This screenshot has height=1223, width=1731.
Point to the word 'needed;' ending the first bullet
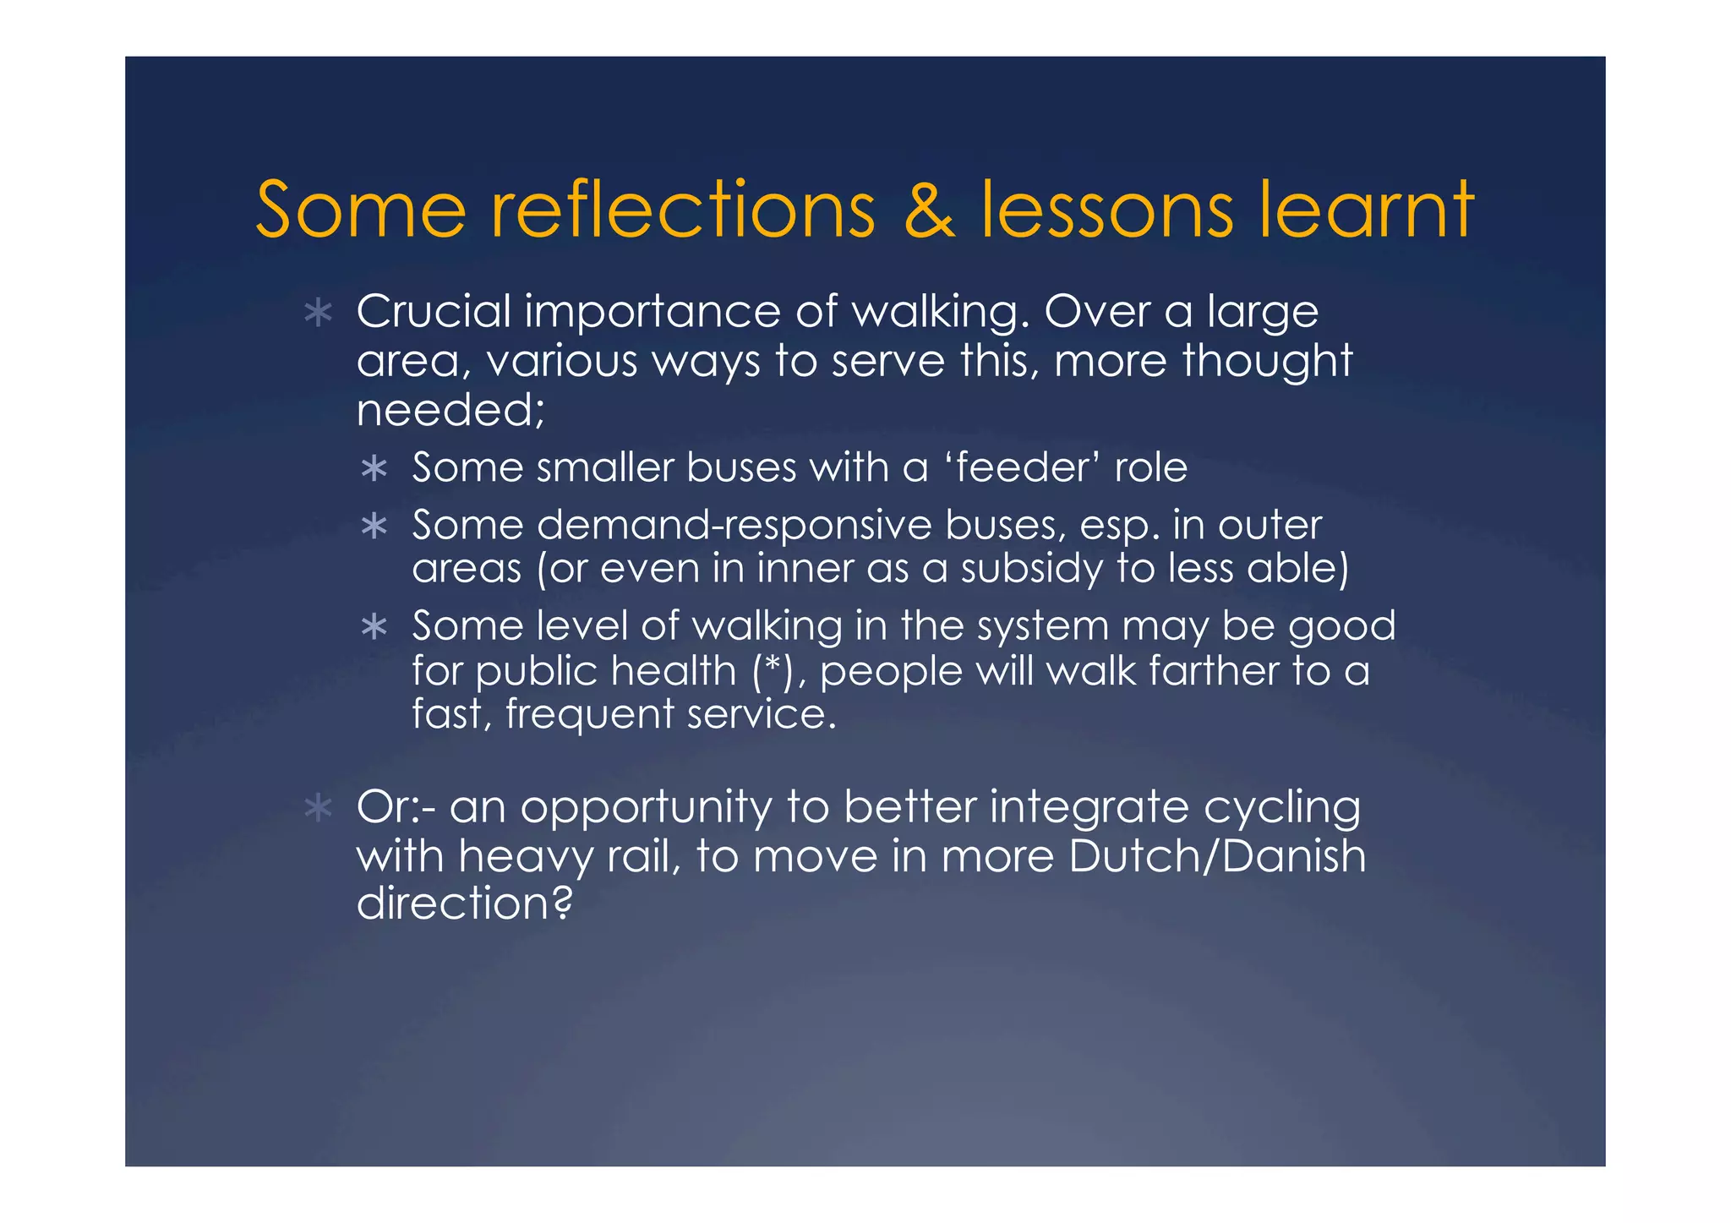450,411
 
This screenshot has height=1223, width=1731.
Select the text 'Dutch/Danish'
1217,855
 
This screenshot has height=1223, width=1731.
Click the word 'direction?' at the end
464,903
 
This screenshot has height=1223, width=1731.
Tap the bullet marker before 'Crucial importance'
318,314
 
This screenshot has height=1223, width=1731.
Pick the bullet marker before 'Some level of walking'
374,628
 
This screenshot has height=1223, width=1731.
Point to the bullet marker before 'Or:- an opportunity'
318,809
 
